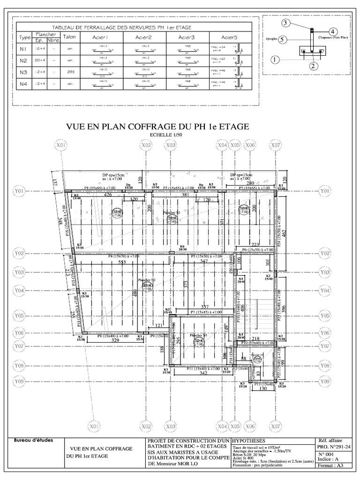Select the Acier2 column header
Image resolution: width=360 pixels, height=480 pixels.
pos(144,37)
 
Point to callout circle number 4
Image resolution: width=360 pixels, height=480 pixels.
pos(332,32)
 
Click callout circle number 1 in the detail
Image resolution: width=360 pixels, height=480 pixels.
pos(275,60)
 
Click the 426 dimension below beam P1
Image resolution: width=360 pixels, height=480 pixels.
pos(107,194)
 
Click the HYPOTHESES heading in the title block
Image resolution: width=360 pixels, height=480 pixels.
pos(249,441)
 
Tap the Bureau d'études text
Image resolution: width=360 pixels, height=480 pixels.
pos(34,440)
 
